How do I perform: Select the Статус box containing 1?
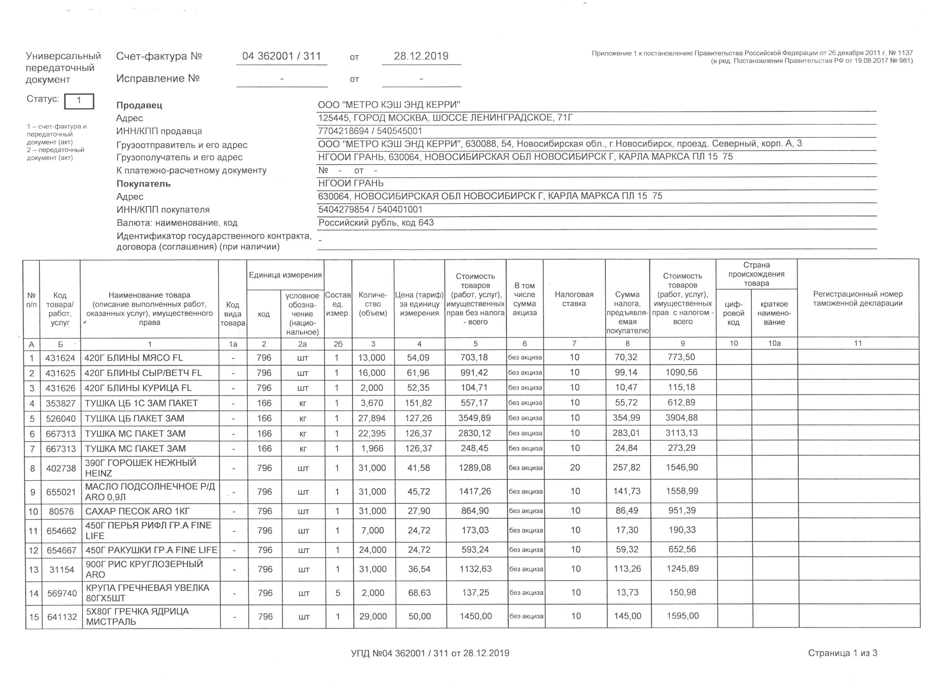point(79,101)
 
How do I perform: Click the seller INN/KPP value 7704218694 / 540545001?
point(370,131)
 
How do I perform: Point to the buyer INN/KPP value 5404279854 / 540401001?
point(370,209)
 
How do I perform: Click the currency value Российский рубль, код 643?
point(376,223)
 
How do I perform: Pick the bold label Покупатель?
point(143,184)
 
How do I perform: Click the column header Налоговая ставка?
point(574,299)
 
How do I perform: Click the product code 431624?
point(60,358)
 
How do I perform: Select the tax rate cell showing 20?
point(575,467)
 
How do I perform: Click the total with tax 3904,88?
point(682,418)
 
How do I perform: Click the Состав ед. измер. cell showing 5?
point(338,593)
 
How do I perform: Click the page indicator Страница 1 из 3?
point(842,653)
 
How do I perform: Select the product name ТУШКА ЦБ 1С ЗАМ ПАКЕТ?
point(141,403)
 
